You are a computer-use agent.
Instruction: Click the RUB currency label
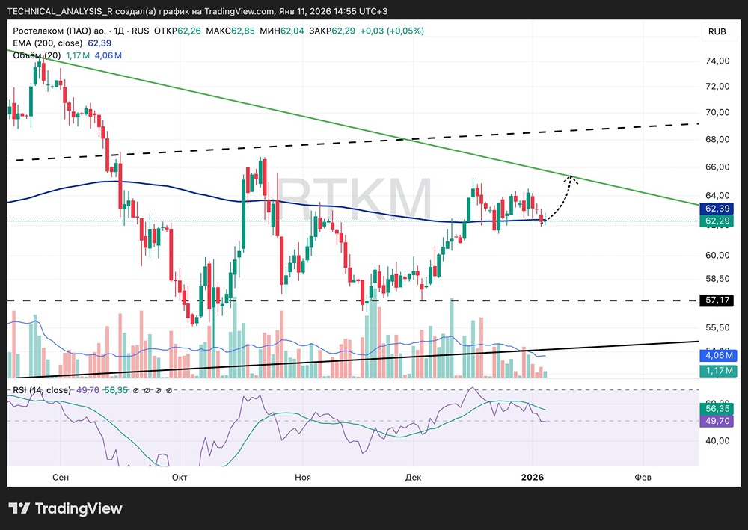(717, 31)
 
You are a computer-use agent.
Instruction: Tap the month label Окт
(180, 476)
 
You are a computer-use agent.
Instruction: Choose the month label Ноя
(303, 476)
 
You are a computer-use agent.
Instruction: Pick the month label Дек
(413, 476)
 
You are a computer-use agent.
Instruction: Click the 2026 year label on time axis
(532, 476)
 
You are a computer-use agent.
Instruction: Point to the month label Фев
(642, 476)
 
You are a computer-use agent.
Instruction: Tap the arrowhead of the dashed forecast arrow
(571, 177)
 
